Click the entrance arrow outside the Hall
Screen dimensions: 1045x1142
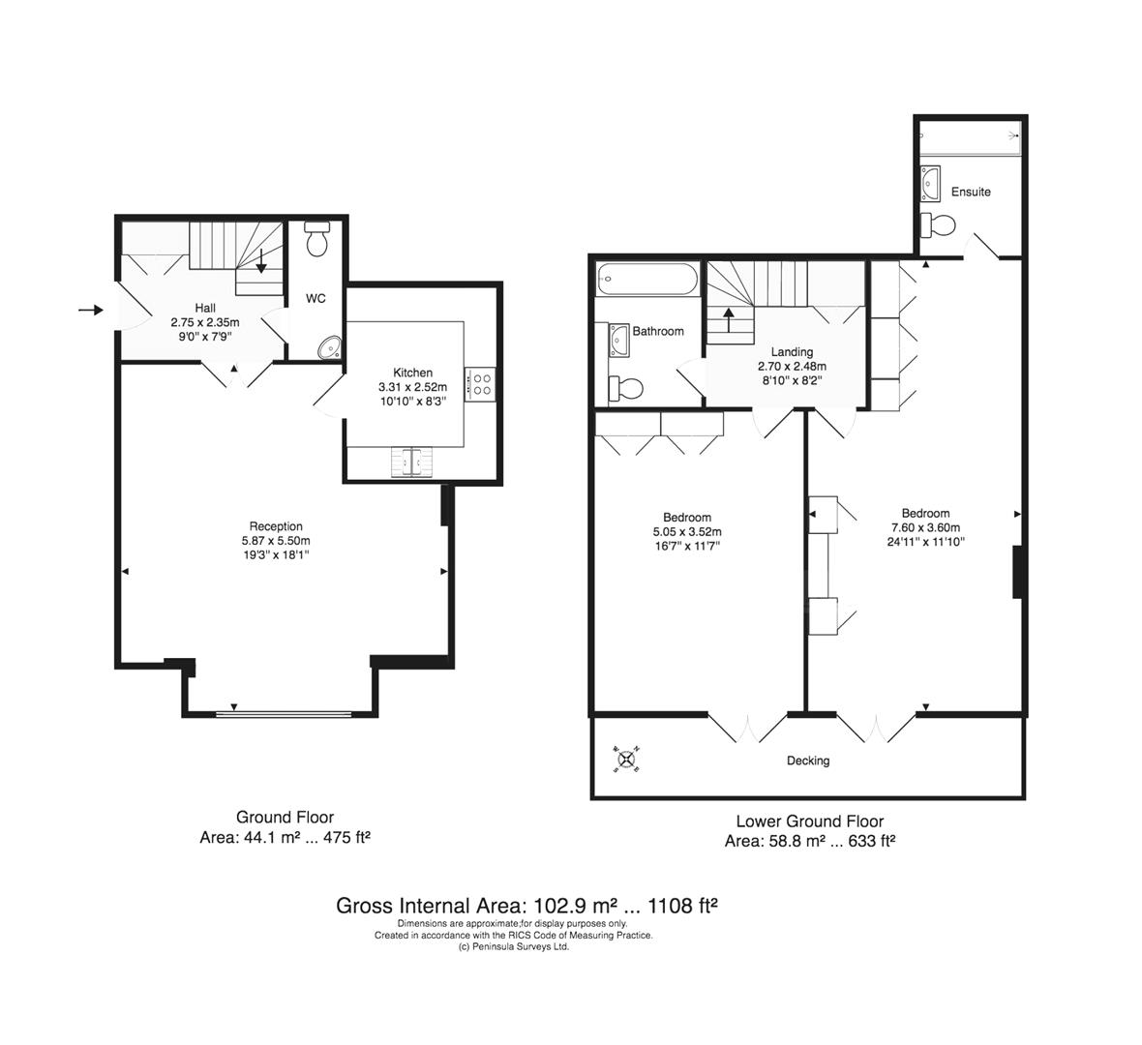(x=90, y=310)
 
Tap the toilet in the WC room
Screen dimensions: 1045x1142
(x=316, y=239)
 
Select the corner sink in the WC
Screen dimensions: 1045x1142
(x=330, y=346)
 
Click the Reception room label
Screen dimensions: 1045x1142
(x=276, y=526)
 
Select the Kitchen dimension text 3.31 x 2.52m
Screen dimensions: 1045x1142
(x=412, y=387)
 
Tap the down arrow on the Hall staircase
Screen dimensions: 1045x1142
(x=260, y=260)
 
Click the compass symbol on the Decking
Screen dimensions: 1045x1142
(x=626, y=761)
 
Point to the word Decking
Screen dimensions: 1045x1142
(x=807, y=761)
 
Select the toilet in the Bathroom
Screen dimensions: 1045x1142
(x=625, y=389)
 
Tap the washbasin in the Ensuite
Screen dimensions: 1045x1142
(x=931, y=181)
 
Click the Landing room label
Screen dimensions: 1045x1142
(x=792, y=352)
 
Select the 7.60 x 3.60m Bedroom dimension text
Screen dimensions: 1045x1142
(x=925, y=527)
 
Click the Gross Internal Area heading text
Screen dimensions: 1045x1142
(x=526, y=907)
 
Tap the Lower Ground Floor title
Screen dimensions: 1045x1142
(x=809, y=822)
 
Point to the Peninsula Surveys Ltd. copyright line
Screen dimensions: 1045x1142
(x=513, y=947)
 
